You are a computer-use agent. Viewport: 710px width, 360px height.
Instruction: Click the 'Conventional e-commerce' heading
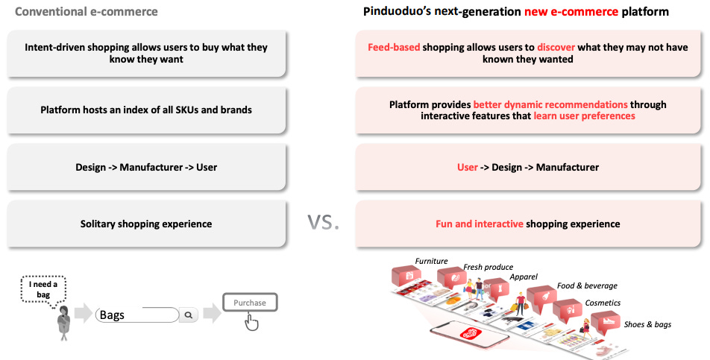coord(87,12)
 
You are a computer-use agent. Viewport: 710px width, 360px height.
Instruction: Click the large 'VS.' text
coord(324,221)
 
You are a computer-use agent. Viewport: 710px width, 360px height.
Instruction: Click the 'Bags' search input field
coord(137,315)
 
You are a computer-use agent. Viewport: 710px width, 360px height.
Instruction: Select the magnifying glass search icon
coord(189,315)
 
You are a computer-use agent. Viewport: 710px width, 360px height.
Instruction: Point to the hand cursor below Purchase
coord(252,322)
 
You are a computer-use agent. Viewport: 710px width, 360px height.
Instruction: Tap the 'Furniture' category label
coord(431,261)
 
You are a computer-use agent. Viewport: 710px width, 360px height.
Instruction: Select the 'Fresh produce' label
coord(488,267)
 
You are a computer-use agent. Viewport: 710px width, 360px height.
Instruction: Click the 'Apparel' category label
coord(523,277)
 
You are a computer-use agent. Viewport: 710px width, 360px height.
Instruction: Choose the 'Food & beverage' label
coord(587,285)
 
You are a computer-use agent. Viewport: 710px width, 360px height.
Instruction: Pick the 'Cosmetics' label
coord(603,303)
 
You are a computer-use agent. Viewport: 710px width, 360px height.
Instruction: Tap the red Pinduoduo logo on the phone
coord(471,335)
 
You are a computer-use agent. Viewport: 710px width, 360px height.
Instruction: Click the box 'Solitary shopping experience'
coord(146,224)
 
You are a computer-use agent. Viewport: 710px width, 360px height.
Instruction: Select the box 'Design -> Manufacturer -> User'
coord(146,167)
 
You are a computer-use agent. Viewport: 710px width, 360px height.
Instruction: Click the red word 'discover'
coord(556,47)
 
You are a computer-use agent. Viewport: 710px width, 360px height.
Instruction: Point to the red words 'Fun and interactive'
coord(479,224)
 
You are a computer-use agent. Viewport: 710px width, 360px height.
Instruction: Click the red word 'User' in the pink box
coord(468,167)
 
